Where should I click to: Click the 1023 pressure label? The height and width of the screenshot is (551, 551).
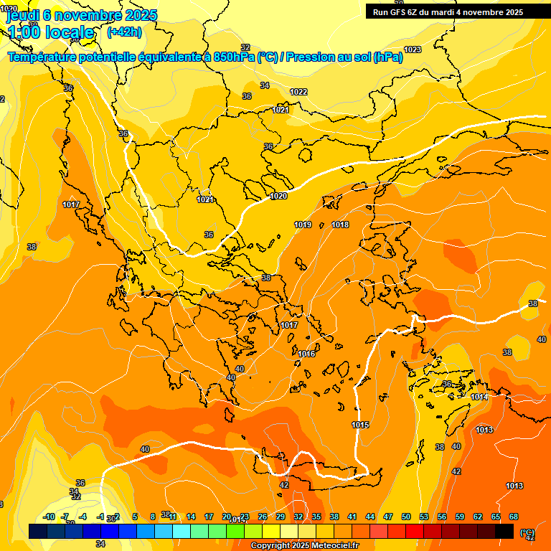(413, 50)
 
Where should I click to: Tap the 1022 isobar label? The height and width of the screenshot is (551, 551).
(298, 92)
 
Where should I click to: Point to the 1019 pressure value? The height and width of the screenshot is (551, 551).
(303, 225)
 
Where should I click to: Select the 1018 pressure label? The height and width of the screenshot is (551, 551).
(340, 225)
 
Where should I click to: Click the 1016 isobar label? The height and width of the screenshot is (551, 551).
(306, 354)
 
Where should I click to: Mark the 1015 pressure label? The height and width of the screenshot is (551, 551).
(360, 425)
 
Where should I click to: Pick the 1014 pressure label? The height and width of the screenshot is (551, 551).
(479, 397)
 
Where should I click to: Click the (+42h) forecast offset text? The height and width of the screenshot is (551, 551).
(124, 32)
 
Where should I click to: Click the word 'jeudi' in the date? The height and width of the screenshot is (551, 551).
(22, 14)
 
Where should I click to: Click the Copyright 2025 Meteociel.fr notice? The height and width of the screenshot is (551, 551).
(305, 546)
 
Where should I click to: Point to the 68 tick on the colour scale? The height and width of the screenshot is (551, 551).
(514, 517)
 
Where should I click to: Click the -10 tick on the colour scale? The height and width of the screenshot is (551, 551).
(49, 517)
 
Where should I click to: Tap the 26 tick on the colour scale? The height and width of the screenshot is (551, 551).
(263, 517)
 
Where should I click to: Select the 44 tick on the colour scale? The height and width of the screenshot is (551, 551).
(370, 517)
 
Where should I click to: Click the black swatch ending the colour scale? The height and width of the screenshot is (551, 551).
(504, 531)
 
